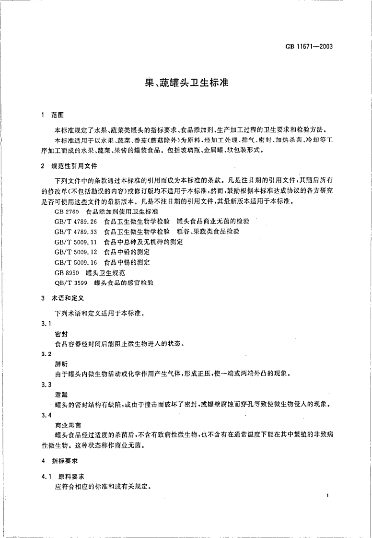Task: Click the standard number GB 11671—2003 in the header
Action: pos(309,47)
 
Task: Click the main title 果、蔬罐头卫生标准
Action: pos(186,82)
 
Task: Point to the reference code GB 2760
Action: pos(66,211)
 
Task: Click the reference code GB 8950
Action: pos(66,272)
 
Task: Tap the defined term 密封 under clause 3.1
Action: pos(61,334)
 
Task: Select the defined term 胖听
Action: pos(61,364)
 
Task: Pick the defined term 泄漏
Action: pos(61,395)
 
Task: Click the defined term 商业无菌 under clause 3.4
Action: pos(67,425)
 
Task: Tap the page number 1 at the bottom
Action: pos(326,495)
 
